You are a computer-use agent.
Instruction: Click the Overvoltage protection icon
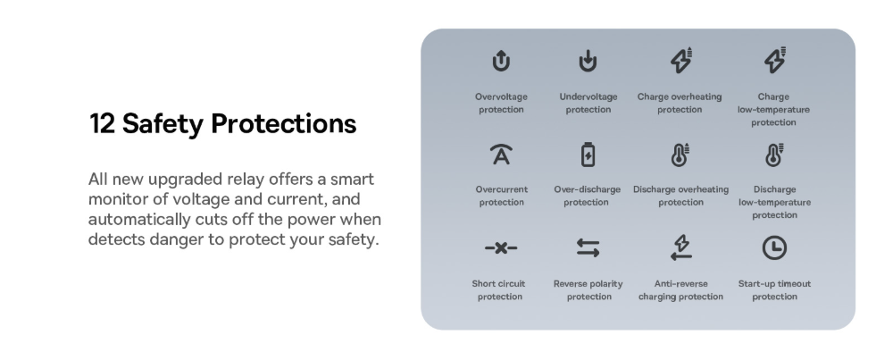[501, 61]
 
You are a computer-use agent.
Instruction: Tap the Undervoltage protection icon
[588, 61]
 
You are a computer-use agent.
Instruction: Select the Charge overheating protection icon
[681, 60]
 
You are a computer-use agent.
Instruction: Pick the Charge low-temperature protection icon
[775, 60]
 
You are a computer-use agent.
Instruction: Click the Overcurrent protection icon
[501, 155]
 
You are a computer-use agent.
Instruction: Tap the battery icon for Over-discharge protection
[588, 155]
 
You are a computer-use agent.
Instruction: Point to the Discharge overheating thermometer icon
[680, 155]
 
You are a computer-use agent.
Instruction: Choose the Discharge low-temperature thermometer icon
[774, 155]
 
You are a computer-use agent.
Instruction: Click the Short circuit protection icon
[501, 247]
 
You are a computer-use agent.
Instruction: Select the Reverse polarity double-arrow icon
[588, 247]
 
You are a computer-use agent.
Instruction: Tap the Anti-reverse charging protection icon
[681, 247]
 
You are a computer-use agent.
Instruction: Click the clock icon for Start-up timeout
[774, 247]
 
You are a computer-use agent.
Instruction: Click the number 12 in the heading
[102, 123]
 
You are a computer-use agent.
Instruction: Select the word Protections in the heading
[284, 123]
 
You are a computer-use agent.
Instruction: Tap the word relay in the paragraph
[246, 179]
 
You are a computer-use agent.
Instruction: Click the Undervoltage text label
[588, 96]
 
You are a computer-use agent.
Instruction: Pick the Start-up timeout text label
[774, 284]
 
